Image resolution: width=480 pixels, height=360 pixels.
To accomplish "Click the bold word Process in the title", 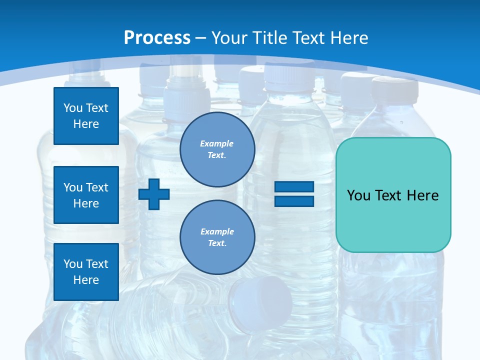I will tap(157, 37).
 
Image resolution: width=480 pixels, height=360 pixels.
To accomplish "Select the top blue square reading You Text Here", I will tap(86, 116).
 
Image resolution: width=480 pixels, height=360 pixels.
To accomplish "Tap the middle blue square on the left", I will tap(86, 195).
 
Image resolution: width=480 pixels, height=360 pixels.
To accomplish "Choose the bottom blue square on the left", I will tap(86, 272).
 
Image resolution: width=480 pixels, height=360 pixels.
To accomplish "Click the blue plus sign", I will tap(154, 194).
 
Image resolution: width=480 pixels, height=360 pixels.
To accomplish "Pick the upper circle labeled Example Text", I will tap(217, 149).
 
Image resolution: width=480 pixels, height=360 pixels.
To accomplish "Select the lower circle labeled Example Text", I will tap(217, 237).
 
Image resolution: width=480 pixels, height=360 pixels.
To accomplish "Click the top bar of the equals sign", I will tap(294, 187).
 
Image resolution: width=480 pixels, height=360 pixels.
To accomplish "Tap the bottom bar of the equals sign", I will tap(294, 201).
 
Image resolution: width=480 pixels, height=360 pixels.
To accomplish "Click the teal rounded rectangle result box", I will tap(393, 220).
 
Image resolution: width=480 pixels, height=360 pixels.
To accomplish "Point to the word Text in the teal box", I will tap(389, 195).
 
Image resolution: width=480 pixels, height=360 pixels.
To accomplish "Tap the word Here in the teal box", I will tap(422, 195).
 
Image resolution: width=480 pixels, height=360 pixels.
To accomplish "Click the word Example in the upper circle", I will tap(217, 143).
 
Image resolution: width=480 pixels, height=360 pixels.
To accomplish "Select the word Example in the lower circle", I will tap(217, 231).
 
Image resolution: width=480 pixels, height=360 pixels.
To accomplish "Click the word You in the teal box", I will tap(358, 195).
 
